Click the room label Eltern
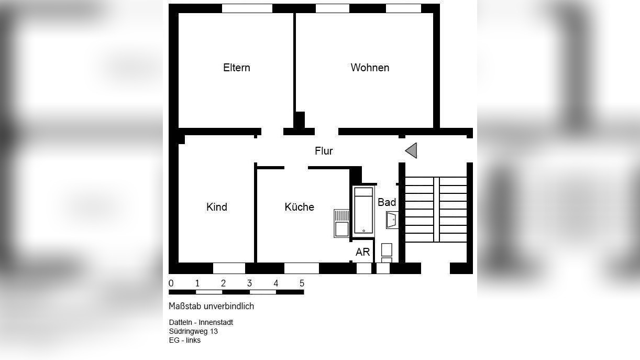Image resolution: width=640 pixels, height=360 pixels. pyautogui.click(x=236, y=68)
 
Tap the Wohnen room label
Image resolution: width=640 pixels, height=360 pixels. pyautogui.click(x=370, y=68)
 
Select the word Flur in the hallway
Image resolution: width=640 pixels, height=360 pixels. pyautogui.click(x=324, y=151)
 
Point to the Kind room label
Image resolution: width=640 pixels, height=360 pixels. pyautogui.click(x=217, y=207)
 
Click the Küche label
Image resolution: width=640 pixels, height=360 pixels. pyautogui.click(x=300, y=207)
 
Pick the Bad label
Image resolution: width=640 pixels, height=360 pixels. pyautogui.click(x=387, y=202)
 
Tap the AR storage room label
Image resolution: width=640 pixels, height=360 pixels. pyautogui.click(x=363, y=252)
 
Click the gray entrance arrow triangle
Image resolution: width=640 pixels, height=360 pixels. pyautogui.click(x=412, y=150)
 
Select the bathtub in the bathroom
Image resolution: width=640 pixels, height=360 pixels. pyautogui.click(x=363, y=210)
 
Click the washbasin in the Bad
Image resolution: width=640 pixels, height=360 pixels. pyautogui.click(x=392, y=220)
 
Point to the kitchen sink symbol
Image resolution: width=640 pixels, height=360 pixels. pyautogui.click(x=341, y=223)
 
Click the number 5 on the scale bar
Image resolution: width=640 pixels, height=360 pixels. pyautogui.click(x=302, y=283)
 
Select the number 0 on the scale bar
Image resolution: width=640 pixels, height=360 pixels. pyautogui.click(x=171, y=283)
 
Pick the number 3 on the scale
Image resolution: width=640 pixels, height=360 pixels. pyautogui.click(x=250, y=283)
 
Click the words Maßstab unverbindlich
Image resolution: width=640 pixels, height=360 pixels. pyautogui.click(x=211, y=306)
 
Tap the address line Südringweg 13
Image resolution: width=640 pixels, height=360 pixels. pyautogui.click(x=193, y=331)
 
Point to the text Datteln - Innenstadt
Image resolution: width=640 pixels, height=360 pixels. pyautogui.click(x=201, y=322)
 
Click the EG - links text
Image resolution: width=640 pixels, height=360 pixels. pyautogui.click(x=184, y=340)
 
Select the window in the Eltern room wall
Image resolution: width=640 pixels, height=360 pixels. pyautogui.click(x=247, y=8)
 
